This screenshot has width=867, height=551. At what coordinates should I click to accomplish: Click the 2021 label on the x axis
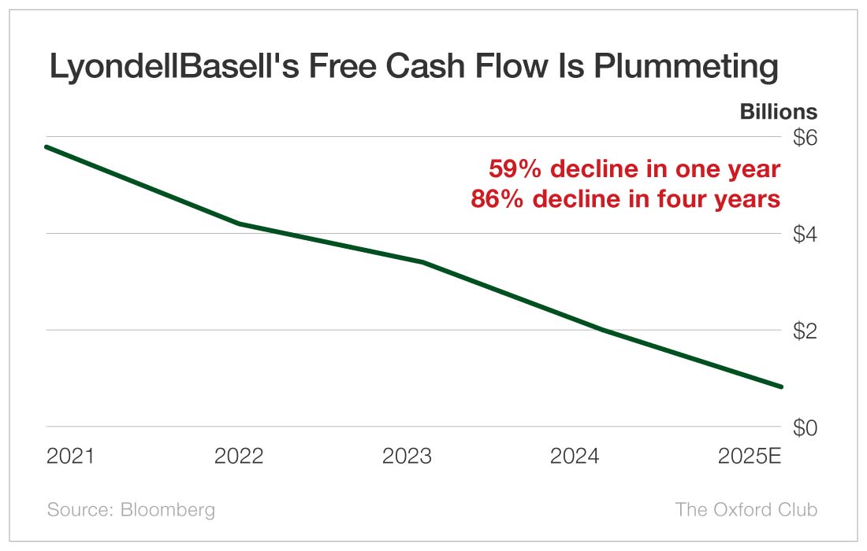point(70,457)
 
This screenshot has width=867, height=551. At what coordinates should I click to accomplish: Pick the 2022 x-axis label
point(239,457)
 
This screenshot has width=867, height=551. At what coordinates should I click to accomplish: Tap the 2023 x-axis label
point(407,457)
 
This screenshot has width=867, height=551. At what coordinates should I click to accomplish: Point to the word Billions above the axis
point(778,112)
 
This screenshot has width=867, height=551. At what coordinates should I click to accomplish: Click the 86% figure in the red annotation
point(497,199)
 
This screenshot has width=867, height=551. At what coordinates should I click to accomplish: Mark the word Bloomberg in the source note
point(168,509)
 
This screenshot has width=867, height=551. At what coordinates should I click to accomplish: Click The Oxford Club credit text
point(746,509)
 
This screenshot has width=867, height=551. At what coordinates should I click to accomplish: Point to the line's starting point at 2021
point(47,147)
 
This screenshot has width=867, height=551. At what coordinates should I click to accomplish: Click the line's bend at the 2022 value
point(239,224)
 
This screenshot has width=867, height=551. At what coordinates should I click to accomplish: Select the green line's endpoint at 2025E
point(781,386)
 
